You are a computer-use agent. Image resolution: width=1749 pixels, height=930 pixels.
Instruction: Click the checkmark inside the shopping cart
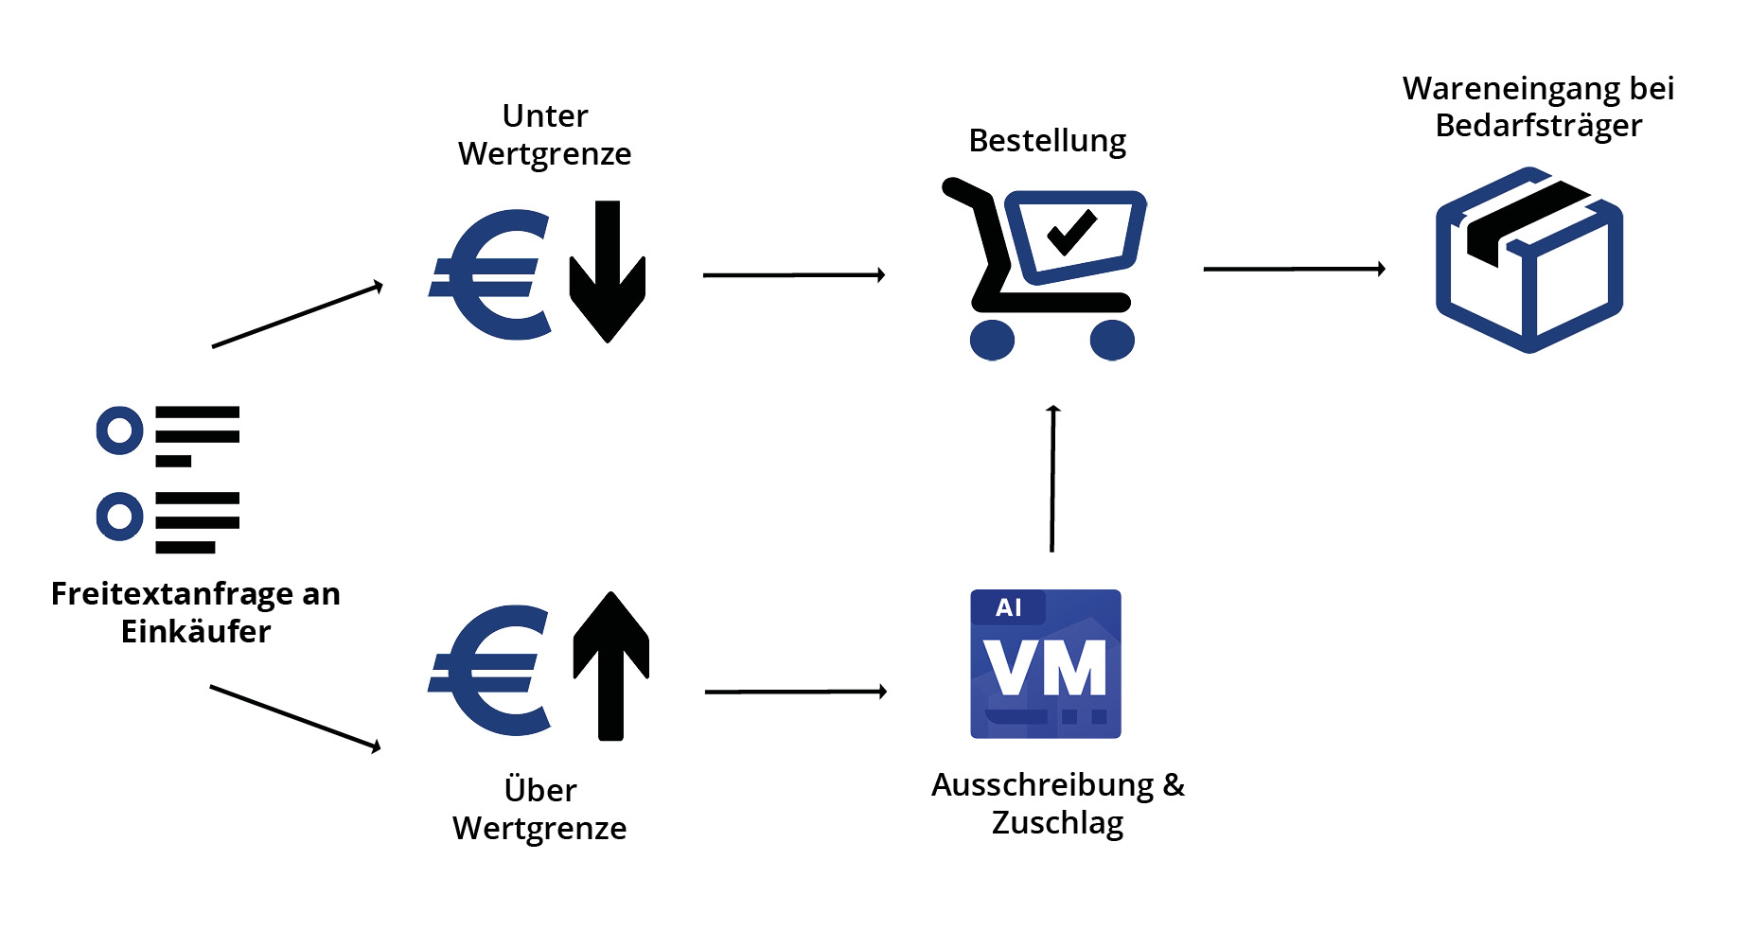tap(1072, 232)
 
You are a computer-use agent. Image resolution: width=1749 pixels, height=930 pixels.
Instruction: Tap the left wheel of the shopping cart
tap(992, 340)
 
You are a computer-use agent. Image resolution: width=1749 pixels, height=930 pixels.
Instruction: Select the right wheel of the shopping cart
tap(1112, 340)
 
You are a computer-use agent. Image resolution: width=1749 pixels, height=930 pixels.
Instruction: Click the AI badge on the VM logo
tap(1009, 607)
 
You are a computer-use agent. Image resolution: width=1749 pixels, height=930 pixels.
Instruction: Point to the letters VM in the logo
tap(1045, 668)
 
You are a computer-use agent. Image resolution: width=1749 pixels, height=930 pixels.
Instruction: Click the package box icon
tap(1529, 260)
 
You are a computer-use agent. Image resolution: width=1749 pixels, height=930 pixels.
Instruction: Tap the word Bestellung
tap(1047, 141)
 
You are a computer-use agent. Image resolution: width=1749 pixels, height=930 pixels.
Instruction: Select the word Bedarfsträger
tap(1538, 126)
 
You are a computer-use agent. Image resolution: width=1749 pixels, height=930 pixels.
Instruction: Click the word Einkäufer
tap(196, 632)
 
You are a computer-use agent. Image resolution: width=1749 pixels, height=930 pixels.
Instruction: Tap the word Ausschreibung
tap(1042, 785)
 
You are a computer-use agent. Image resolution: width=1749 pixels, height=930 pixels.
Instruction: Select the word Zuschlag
tap(1057, 823)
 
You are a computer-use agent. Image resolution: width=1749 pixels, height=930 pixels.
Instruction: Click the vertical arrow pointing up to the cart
tap(1052, 478)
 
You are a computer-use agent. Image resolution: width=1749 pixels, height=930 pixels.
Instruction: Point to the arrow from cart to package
tap(1294, 270)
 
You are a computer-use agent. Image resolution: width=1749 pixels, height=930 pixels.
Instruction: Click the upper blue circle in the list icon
tap(119, 430)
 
